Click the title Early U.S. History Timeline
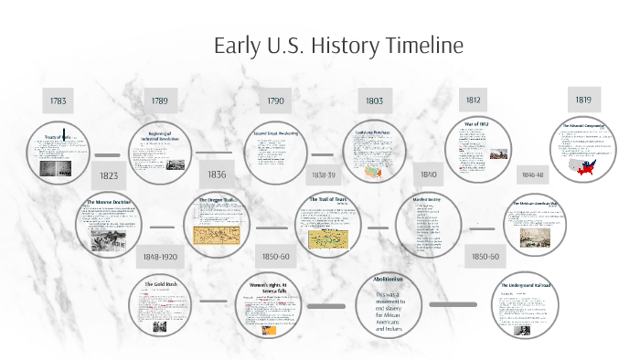(x=338, y=46)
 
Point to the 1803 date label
(x=374, y=101)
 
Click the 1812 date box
(x=472, y=100)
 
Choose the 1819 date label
(x=582, y=99)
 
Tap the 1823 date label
(x=109, y=175)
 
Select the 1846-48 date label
(x=534, y=174)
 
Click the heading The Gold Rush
(x=161, y=285)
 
